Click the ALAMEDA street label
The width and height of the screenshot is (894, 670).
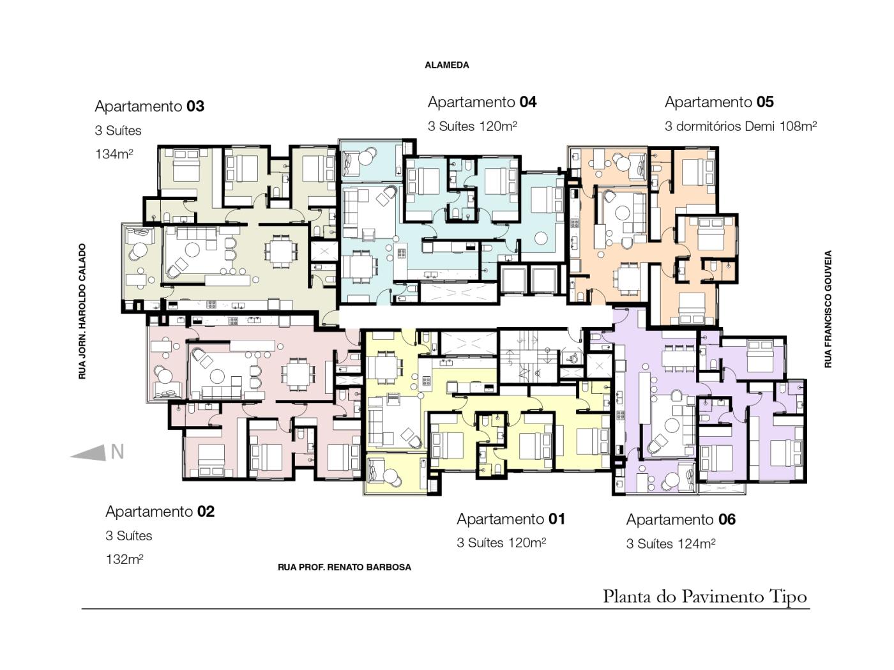(x=447, y=65)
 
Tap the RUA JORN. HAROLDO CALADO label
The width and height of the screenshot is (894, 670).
(x=82, y=311)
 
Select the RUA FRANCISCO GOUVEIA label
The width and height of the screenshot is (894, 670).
(x=828, y=309)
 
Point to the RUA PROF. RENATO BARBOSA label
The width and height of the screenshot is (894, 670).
(x=344, y=567)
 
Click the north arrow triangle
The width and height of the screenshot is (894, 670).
(x=88, y=453)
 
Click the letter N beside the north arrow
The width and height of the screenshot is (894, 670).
(x=117, y=452)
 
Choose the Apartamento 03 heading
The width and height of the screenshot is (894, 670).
(x=149, y=106)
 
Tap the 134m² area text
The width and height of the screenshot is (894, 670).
(x=114, y=154)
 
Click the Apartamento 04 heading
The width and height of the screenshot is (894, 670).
(x=482, y=102)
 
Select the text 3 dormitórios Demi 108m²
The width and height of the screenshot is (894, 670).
(x=741, y=126)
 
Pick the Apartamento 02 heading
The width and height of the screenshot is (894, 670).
(x=160, y=511)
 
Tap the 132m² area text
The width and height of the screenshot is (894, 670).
(x=125, y=560)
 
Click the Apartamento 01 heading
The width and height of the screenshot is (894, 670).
(x=511, y=519)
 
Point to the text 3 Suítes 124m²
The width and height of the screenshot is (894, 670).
(x=670, y=544)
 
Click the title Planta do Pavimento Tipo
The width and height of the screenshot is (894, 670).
(x=704, y=597)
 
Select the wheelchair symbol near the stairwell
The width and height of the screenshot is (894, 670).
(x=572, y=358)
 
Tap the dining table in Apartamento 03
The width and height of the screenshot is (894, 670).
(x=281, y=250)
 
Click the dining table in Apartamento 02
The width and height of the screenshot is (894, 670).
(x=298, y=374)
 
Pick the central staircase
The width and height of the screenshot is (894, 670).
(x=528, y=357)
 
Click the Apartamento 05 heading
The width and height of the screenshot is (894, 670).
(x=719, y=102)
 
